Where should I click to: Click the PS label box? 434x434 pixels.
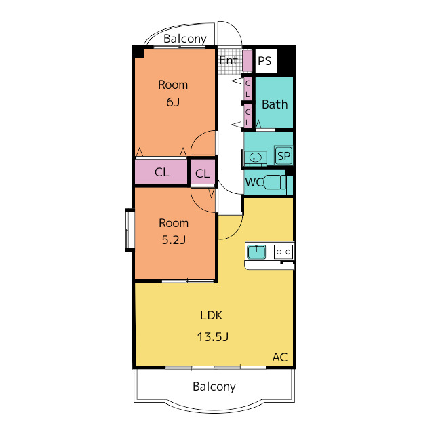tap(266, 61)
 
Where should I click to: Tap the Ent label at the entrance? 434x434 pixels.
tap(229, 60)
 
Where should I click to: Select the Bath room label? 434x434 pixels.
tap(275, 104)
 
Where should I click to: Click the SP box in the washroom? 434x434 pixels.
tap(283, 156)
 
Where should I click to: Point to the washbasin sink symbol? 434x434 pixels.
tap(256, 158)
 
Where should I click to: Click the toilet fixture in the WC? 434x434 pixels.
tap(275, 182)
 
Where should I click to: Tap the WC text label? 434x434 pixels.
tap(254, 182)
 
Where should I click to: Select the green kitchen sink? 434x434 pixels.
tap(256, 252)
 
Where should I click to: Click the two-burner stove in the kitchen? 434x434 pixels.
tap(283, 252)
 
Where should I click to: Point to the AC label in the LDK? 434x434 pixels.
tap(280, 357)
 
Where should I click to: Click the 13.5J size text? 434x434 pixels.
tap(212, 337)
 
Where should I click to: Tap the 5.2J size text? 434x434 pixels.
tap(174, 239)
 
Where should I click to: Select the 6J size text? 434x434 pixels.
tap(173, 102)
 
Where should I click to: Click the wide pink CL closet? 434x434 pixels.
tap(161, 172)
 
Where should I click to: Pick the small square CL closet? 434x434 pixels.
tap(203, 173)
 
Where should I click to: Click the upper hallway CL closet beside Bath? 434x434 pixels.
tap(248, 89)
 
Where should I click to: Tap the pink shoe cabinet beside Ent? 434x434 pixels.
tap(247, 60)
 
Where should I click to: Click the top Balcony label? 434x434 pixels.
tap(185, 39)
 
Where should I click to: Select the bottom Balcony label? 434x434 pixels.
tap(214, 387)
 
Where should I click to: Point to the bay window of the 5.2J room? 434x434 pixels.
tap(130, 230)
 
